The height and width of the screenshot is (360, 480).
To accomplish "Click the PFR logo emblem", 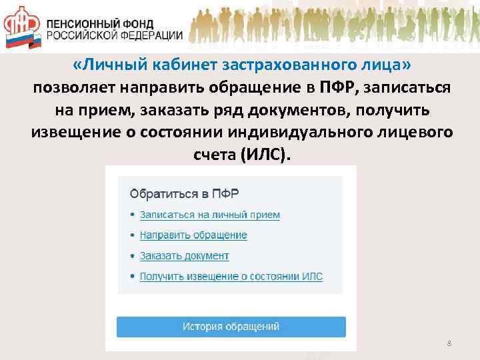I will pyautogui.click(x=22, y=26).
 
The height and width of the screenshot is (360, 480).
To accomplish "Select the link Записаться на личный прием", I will pyautogui.click(x=210, y=215).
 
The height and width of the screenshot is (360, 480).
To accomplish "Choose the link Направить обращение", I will pyautogui.click(x=193, y=235).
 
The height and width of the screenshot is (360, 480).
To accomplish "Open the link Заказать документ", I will pyautogui.click(x=184, y=255).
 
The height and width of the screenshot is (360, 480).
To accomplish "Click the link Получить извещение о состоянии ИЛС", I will pyautogui.click(x=231, y=276).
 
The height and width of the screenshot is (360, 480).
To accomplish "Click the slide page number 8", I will pyautogui.click(x=449, y=343).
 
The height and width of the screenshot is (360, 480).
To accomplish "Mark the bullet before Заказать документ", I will pyautogui.click(x=132, y=256).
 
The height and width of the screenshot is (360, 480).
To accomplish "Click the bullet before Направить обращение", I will pyautogui.click(x=132, y=236).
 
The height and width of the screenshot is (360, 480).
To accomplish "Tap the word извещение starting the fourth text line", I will pyautogui.click(x=75, y=132).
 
